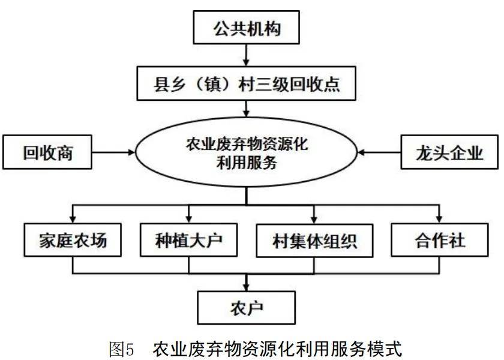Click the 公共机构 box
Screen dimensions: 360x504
pos(247,28)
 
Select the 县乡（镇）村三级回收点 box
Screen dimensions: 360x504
pos(247,83)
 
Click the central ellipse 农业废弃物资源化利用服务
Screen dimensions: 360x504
pos(247,154)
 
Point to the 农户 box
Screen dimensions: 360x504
pos(247,308)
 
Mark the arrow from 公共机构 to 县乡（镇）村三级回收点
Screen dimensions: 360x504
pos(247,56)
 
